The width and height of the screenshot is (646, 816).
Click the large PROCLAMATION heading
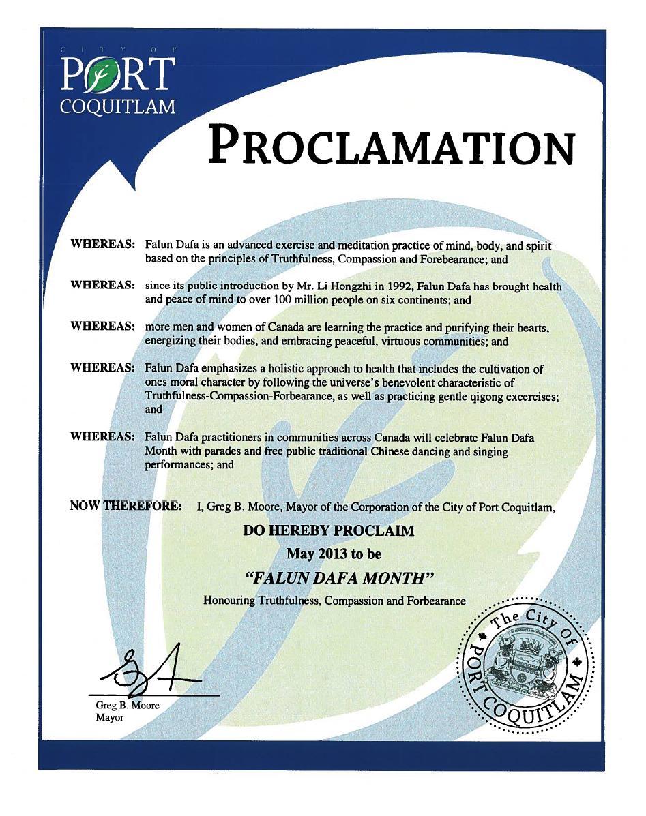click(x=391, y=145)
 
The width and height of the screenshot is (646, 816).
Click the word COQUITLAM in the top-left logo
click(x=119, y=106)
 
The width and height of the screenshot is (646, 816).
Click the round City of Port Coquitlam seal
click(x=525, y=667)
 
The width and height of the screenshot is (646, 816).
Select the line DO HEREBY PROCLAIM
click(x=328, y=530)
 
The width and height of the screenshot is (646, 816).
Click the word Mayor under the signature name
click(x=106, y=718)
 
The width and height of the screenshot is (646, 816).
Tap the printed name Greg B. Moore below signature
click(x=128, y=706)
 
